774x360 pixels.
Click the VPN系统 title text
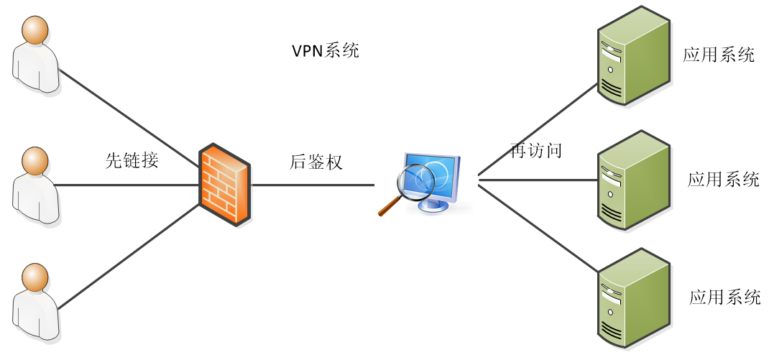pos(325,51)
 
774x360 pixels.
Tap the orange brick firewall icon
pos(226,185)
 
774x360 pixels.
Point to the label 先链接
pos(132,161)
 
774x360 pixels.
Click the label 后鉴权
pos(316,162)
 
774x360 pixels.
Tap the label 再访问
pos(535,150)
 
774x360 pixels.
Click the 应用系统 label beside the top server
pos(719,55)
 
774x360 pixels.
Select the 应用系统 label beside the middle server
pos(723,179)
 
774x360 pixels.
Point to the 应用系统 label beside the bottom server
pos(724,297)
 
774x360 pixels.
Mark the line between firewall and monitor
pos(313,185)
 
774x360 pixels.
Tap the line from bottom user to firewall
pos(129,255)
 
